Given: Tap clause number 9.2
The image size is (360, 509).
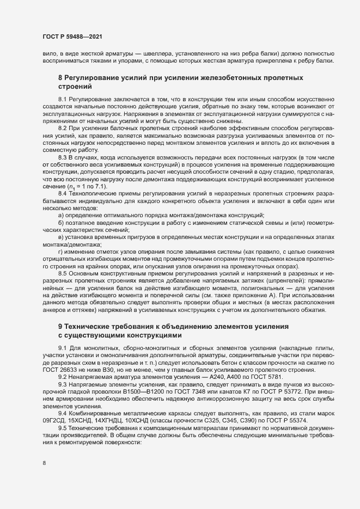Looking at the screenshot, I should (x=63, y=377).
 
